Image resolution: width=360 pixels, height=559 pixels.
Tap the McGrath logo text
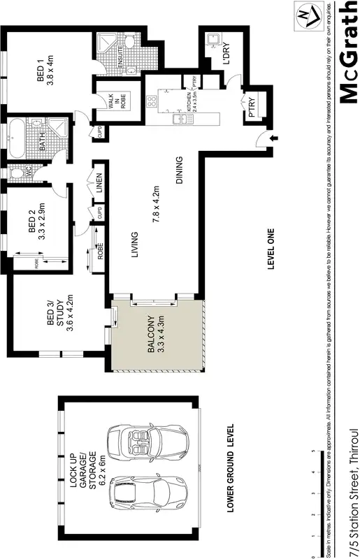point(347,52)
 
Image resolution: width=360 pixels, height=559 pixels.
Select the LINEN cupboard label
point(99,184)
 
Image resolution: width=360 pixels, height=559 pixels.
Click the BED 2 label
point(36,225)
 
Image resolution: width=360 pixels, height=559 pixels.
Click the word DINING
point(180,170)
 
